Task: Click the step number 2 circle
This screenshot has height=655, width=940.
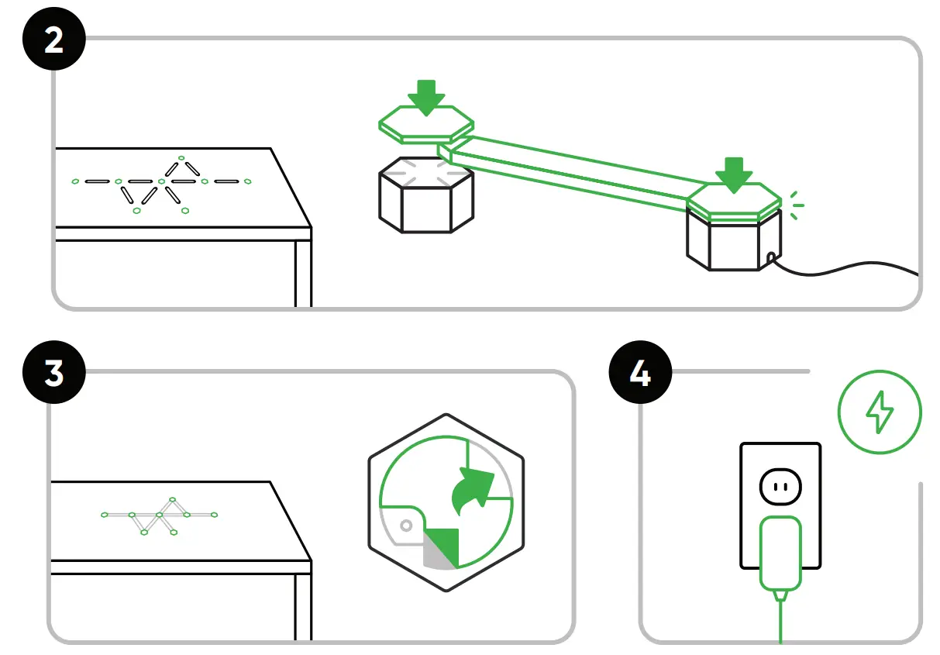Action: pyautogui.click(x=53, y=40)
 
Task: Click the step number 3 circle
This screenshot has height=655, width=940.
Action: pyautogui.click(x=53, y=374)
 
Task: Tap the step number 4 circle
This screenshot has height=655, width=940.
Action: pyautogui.click(x=640, y=374)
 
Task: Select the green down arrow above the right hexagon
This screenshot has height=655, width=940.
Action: pyautogui.click(x=733, y=174)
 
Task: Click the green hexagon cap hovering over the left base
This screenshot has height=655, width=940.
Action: pyautogui.click(x=426, y=126)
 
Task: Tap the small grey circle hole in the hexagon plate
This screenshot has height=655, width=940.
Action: pyautogui.click(x=405, y=526)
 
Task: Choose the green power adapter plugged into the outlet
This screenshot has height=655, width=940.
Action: pyautogui.click(x=780, y=554)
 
